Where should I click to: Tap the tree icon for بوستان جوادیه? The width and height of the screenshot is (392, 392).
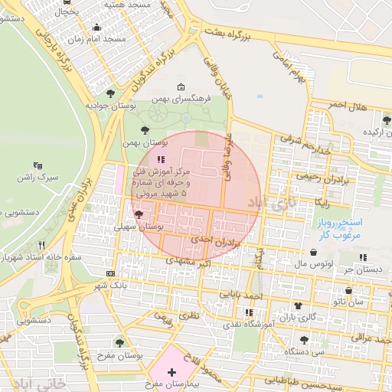pos(111,93)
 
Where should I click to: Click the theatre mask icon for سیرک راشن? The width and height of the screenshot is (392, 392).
pos(38,165)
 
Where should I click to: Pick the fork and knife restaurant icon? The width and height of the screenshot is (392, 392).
pos(41,246)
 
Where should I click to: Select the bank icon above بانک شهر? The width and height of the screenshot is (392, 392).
pos(111,273)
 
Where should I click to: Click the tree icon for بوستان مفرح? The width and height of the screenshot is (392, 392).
pos(119,343)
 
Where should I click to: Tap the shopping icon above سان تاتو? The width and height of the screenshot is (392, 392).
pos(349,291)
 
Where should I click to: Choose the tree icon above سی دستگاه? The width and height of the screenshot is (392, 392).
pos(304,339)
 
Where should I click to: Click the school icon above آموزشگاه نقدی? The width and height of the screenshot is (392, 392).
pos(248,312)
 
